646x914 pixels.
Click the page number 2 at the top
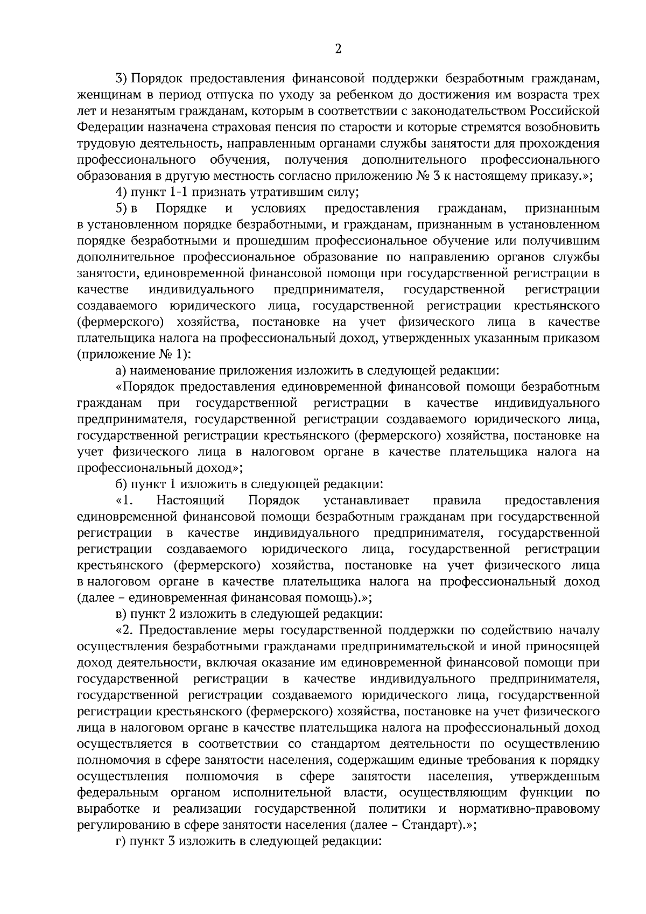tap(338, 50)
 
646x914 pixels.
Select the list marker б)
tap(122, 484)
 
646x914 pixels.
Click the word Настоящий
tap(190, 500)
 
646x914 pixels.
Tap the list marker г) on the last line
tap(122, 841)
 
